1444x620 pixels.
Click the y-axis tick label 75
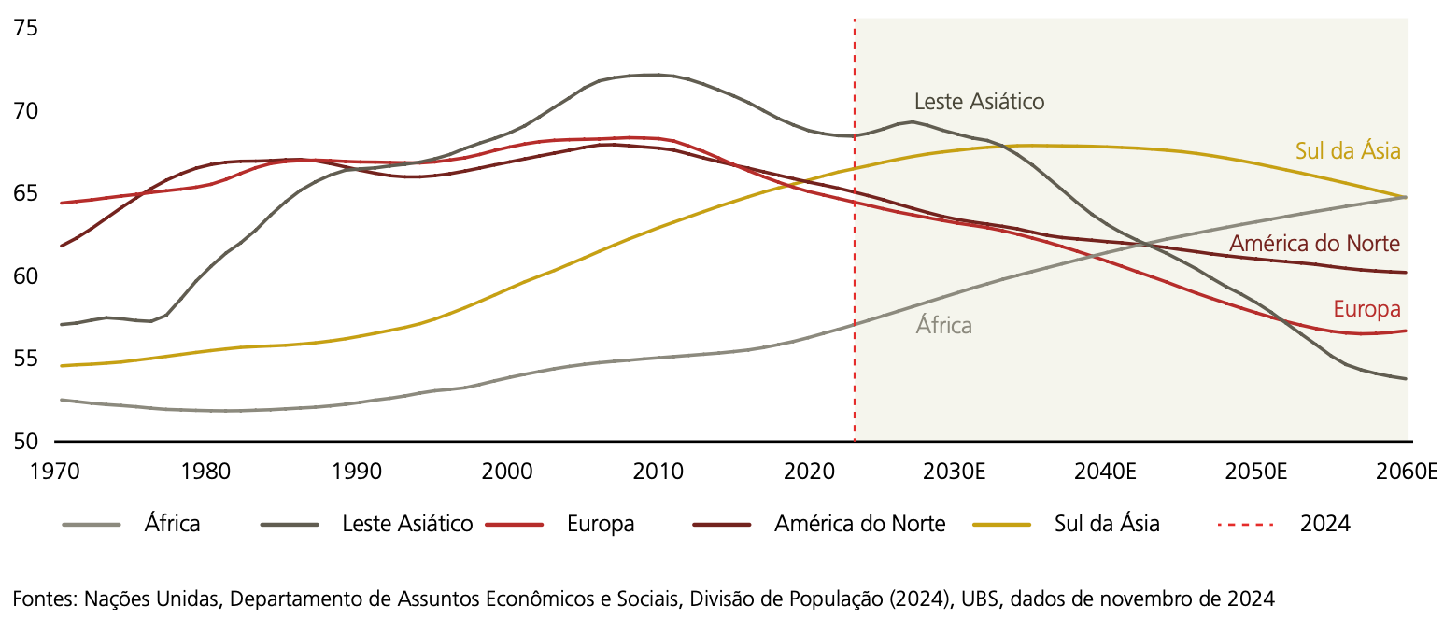pyautogui.click(x=25, y=28)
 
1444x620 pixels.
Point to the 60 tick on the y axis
pyautogui.click(x=25, y=276)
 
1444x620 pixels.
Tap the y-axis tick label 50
pyautogui.click(x=25, y=442)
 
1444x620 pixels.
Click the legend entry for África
pyautogui.click(x=172, y=524)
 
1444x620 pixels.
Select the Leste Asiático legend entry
pyautogui.click(x=407, y=524)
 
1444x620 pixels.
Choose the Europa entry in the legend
pyautogui.click(x=600, y=524)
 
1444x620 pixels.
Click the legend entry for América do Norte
pyautogui.click(x=859, y=524)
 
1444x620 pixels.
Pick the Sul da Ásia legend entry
pyautogui.click(x=1107, y=524)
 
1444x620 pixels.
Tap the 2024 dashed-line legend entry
pyautogui.click(x=1324, y=524)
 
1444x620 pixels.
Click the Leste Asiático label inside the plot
pyautogui.click(x=979, y=101)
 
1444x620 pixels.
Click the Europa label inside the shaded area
pyautogui.click(x=1366, y=309)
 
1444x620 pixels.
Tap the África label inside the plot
pyautogui.click(x=943, y=326)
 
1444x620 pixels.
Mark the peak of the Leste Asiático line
pyautogui.click(x=654, y=75)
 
